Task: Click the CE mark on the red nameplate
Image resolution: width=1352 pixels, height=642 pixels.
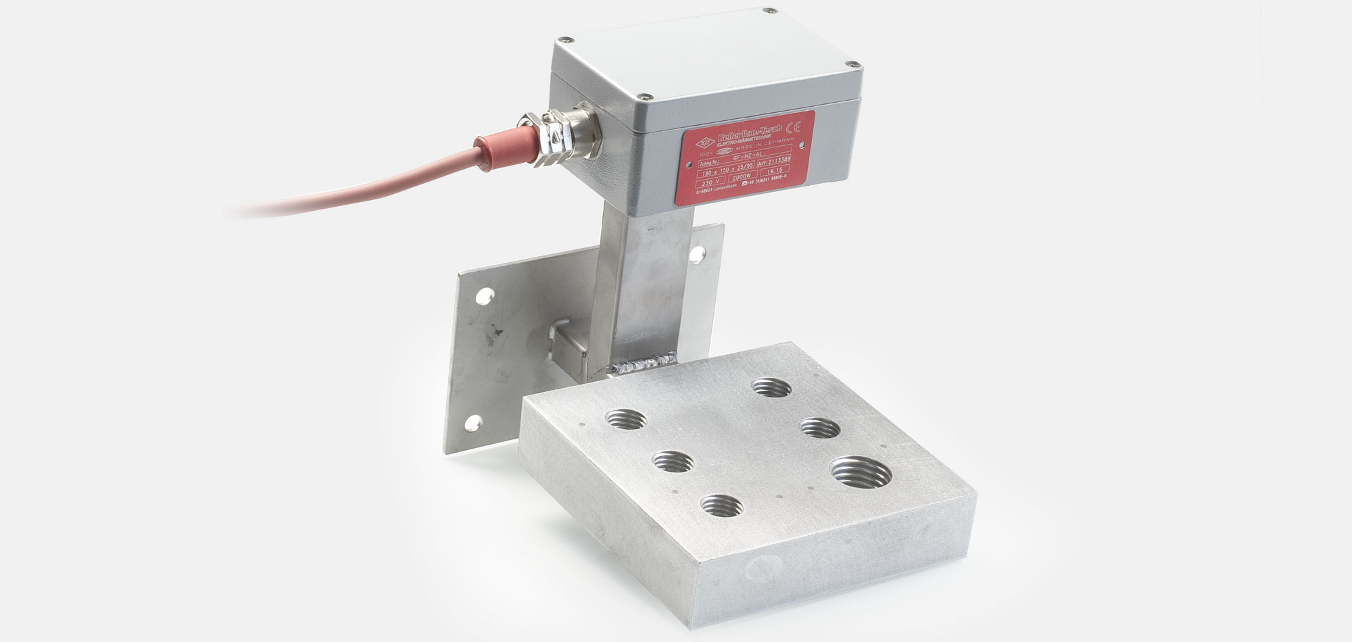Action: click(796, 125)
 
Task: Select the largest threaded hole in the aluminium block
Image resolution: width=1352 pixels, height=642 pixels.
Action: click(861, 470)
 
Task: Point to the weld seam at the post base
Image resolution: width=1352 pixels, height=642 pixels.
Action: click(637, 368)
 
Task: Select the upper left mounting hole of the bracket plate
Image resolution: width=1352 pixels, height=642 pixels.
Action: click(484, 295)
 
